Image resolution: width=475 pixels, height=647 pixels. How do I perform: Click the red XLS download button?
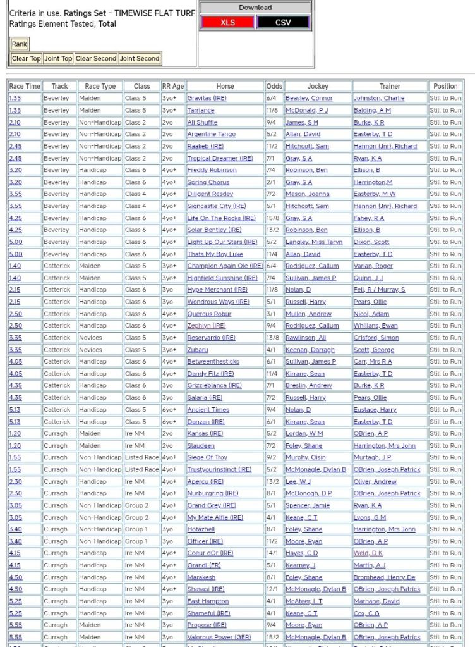click(x=227, y=22)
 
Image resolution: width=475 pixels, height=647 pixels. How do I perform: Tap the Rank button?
click(x=19, y=44)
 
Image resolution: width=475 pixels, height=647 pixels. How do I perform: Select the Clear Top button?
click(x=26, y=58)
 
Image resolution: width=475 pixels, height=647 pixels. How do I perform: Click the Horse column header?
click(x=225, y=86)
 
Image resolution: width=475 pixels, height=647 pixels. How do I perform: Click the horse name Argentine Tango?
click(x=211, y=134)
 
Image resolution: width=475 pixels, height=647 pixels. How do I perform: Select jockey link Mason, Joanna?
click(x=307, y=194)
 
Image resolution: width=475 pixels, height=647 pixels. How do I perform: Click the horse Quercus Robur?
click(x=209, y=314)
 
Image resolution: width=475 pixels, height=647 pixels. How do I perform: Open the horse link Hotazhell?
click(x=201, y=529)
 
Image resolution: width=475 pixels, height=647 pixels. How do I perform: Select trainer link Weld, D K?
click(x=368, y=553)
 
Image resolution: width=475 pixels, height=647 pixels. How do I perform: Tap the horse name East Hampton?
click(x=208, y=601)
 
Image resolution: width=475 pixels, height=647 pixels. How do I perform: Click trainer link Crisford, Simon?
click(x=376, y=338)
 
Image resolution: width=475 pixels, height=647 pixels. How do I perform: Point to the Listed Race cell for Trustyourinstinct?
click(x=141, y=470)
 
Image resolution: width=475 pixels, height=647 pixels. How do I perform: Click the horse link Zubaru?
click(x=198, y=350)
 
